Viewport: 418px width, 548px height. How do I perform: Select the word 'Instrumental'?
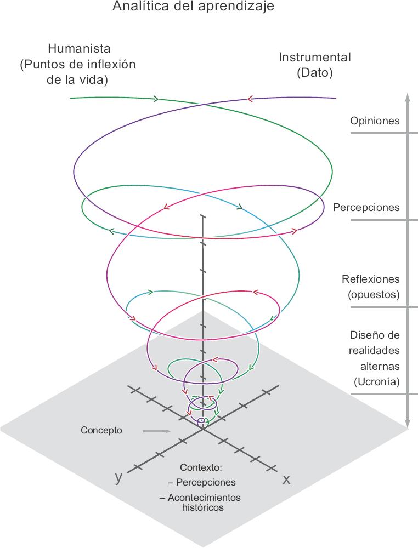(315, 57)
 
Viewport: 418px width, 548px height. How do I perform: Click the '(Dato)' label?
(315, 73)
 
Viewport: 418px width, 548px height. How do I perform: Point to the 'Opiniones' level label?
(375, 121)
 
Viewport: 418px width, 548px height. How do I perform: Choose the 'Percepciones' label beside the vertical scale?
(366, 208)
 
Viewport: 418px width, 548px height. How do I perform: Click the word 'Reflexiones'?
(371, 279)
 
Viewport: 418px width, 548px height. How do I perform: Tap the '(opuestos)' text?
(374, 294)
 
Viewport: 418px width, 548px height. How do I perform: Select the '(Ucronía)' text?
(377, 381)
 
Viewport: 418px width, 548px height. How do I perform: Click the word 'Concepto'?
(101, 430)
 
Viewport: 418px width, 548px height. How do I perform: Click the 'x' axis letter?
(286, 479)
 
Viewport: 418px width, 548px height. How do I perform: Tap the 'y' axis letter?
(118, 477)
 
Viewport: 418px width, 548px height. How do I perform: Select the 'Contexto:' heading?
(201, 468)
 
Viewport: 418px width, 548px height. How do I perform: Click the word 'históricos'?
(202, 507)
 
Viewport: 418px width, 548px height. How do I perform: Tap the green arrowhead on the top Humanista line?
(156, 99)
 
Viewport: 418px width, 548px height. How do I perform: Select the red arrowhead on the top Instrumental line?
(250, 99)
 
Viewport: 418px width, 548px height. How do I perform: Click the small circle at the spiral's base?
(201, 421)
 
